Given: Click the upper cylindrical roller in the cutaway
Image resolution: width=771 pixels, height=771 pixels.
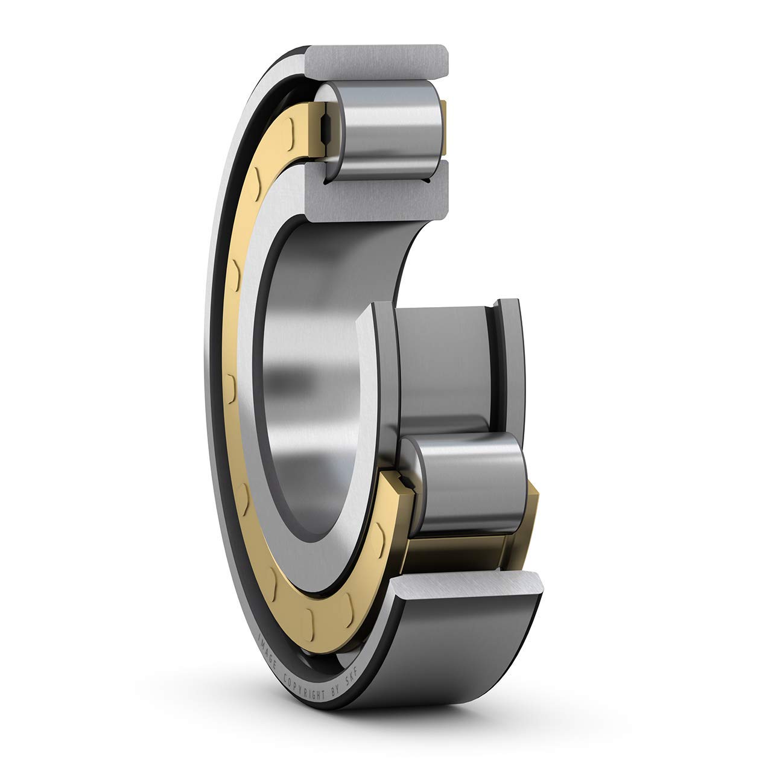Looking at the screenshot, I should click(386, 130).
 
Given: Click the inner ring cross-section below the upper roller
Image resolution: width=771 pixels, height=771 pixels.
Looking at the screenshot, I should click(377, 193).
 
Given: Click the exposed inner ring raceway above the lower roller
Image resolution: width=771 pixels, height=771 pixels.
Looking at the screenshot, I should click(443, 362).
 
